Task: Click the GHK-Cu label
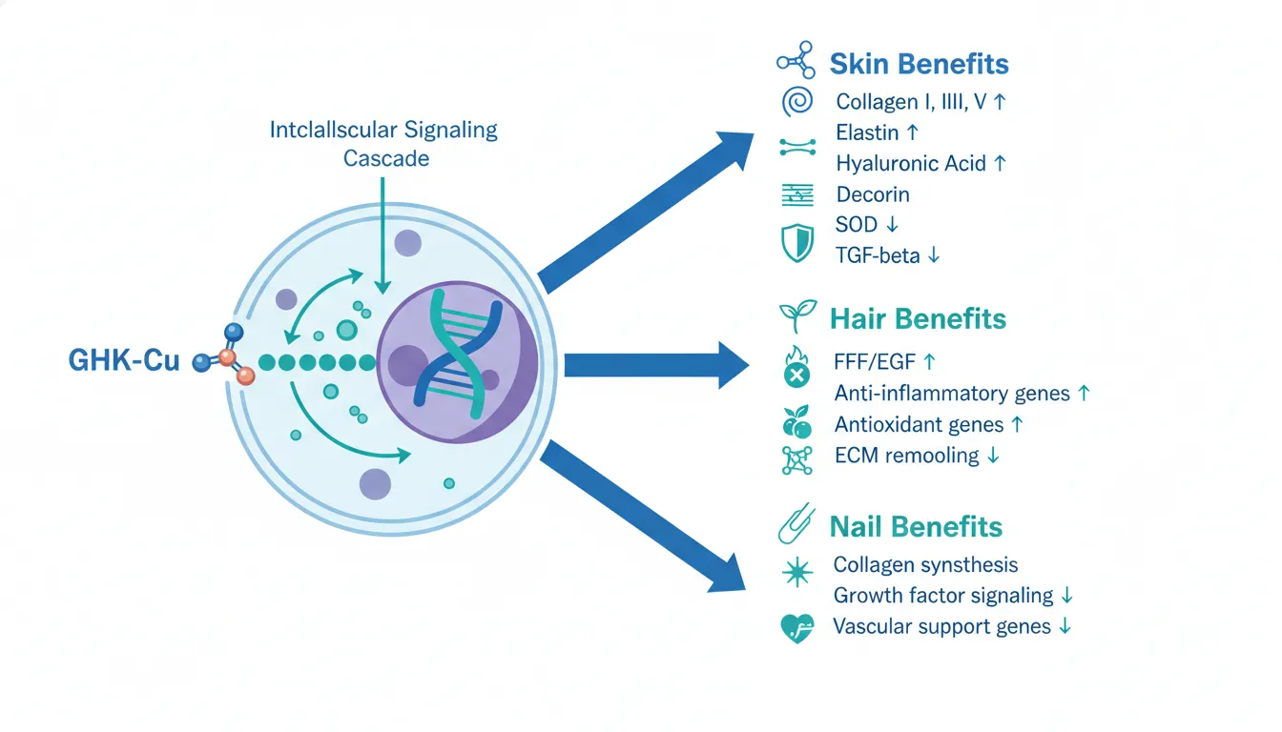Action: (124, 361)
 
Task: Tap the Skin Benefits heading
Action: (919, 64)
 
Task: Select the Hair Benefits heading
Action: (918, 317)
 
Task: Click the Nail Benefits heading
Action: (915, 526)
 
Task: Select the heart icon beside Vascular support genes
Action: (796, 628)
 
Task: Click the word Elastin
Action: (867, 132)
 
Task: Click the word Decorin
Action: (872, 194)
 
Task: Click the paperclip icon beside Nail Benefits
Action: (795, 525)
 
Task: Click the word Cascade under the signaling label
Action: (385, 157)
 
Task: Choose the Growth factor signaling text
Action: (942, 596)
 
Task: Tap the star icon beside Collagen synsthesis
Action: (796, 571)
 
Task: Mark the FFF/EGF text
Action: (875, 362)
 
